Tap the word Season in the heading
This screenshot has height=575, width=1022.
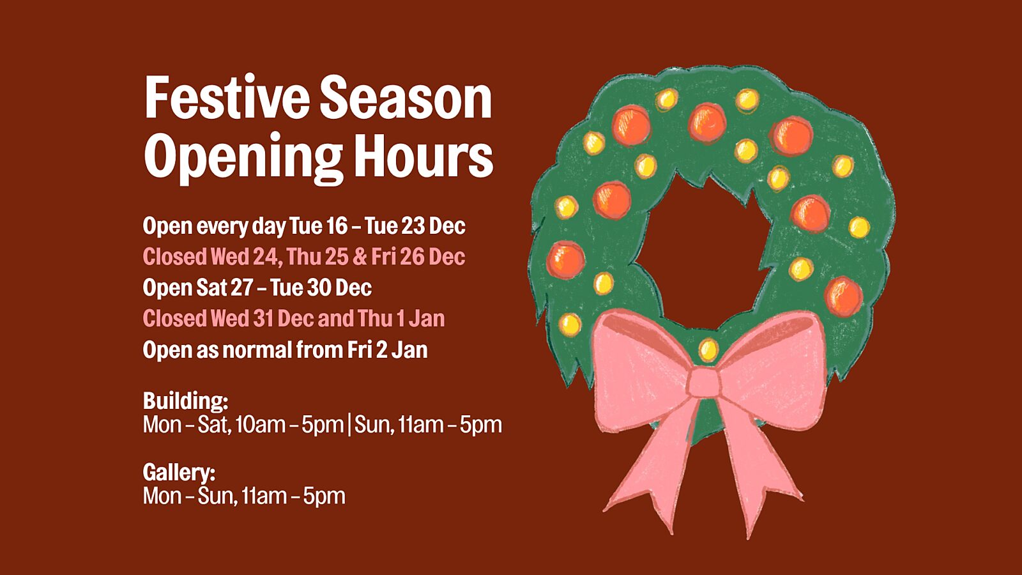(406, 98)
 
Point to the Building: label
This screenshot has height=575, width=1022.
(186, 401)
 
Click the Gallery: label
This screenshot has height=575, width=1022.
(179, 472)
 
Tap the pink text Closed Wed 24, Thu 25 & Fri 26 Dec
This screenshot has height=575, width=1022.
(304, 257)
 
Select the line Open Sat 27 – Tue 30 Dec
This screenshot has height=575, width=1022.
(257, 288)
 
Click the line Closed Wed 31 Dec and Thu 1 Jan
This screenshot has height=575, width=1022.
(294, 319)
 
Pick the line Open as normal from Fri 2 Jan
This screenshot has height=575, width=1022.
(285, 350)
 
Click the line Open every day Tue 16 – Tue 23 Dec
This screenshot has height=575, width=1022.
(304, 226)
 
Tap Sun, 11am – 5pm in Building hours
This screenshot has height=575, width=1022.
(428, 425)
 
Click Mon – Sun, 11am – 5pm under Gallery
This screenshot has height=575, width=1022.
(244, 496)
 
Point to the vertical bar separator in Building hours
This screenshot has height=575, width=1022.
(349, 425)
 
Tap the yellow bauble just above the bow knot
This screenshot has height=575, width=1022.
(708, 351)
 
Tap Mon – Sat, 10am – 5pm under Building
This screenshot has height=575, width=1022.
(243, 425)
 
